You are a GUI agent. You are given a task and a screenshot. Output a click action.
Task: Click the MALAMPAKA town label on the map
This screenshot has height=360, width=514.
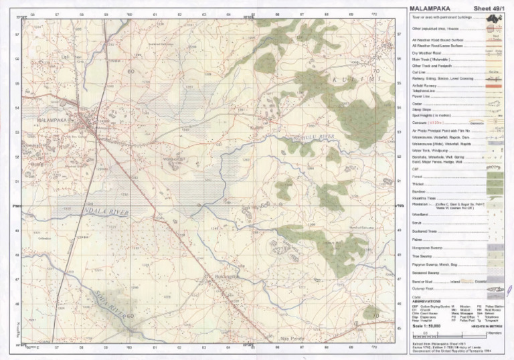52,120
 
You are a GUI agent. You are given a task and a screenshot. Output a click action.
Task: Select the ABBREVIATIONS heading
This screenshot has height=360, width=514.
429,302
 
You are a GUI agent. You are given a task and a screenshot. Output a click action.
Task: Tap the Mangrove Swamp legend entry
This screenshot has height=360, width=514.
429,248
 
